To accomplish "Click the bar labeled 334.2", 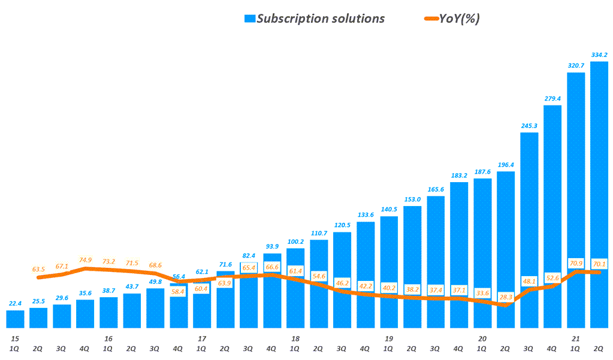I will point(599,195).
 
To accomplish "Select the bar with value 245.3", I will point(529,231).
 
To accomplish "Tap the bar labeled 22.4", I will point(16,319).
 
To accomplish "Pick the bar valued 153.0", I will point(412,267).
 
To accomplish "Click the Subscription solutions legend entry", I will point(315,19).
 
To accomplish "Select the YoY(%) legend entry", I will point(453,19).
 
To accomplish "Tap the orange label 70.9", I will point(576,262).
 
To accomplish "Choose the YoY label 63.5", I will point(38,270).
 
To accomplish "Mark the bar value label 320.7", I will point(575,65).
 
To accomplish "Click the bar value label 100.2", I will point(295,241).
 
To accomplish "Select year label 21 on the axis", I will point(575,338).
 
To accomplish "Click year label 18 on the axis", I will point(295,338).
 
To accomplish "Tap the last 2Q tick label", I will point(599,348).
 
